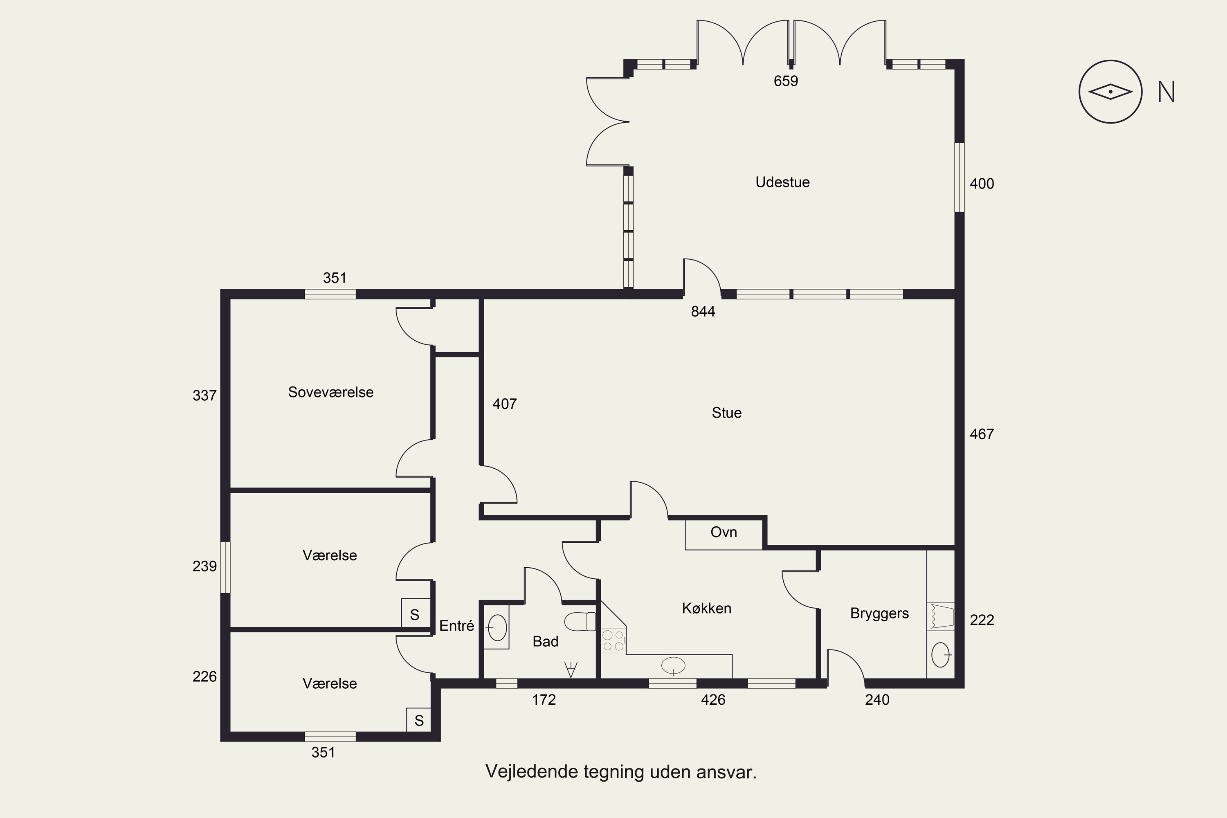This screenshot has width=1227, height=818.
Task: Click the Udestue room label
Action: (782, 182)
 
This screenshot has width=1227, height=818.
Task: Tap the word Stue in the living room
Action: (727, 413)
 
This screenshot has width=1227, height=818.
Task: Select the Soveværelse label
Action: (331, 392)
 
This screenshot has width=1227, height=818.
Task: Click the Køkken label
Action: (706, 608)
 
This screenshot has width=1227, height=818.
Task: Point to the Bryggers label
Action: (880, 614)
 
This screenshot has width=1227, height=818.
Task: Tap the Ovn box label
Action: (724, 532)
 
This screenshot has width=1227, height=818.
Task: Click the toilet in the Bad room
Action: (580, 621)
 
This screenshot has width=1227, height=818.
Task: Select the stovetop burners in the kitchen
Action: (613, 640)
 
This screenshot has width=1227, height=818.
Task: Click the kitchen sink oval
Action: (673, 665)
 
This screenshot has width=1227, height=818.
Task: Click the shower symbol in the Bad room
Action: (571, 669)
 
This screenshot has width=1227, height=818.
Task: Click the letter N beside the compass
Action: (1166, 92)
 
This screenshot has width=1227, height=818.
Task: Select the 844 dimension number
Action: (703, 311)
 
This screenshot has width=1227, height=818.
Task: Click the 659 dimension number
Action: (786, 81)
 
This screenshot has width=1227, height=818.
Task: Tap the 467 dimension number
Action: (982, 434)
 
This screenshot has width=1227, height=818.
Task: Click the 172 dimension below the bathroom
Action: (544, 699)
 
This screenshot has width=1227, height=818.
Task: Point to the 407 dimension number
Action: (504, 404)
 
